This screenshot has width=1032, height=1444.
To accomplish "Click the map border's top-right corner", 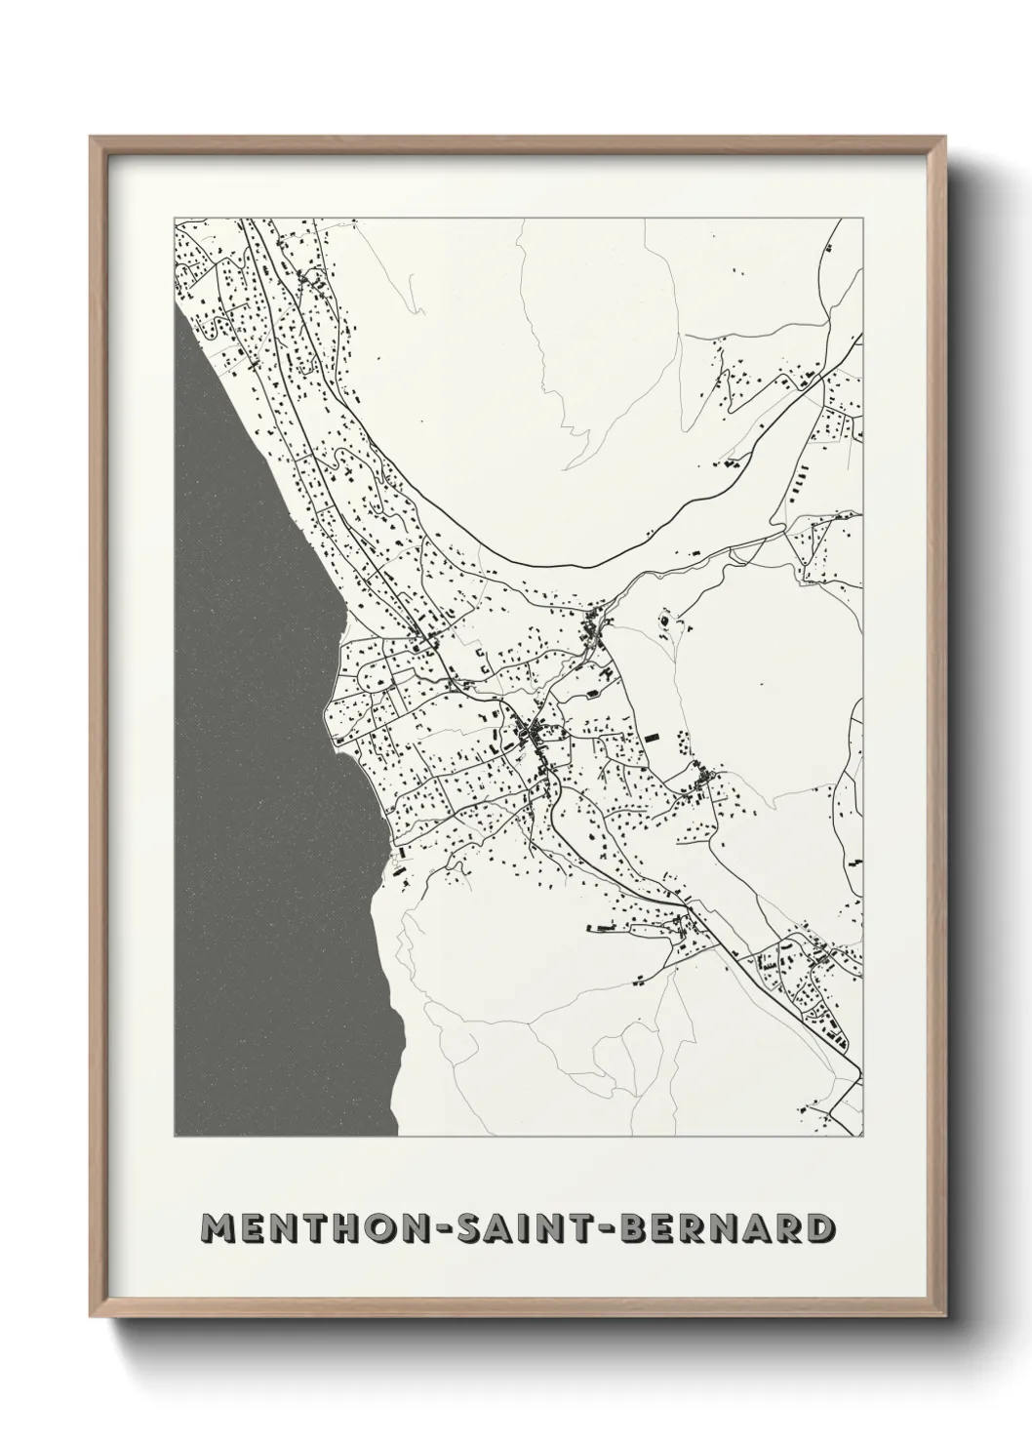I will coord(862,218).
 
